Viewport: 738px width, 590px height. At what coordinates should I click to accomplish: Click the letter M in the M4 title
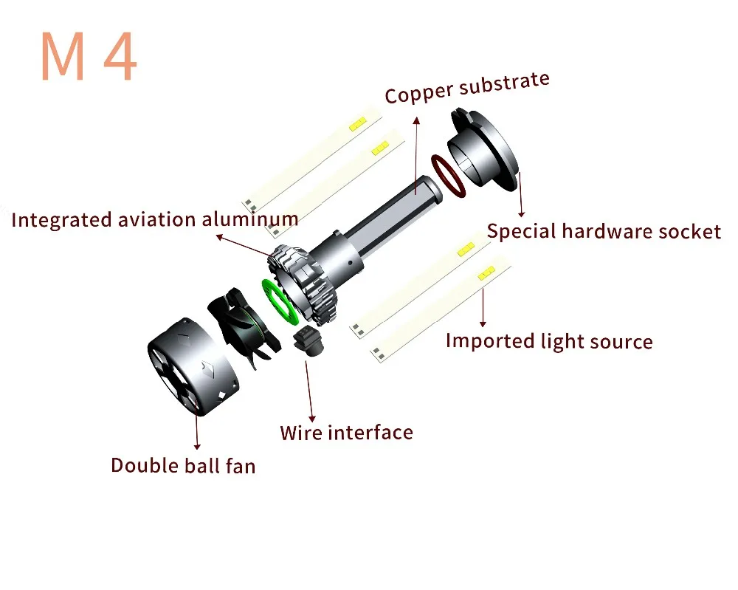click(x=63, y=57)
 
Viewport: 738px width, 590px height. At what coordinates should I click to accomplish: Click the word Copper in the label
click(x=418, y=93)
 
